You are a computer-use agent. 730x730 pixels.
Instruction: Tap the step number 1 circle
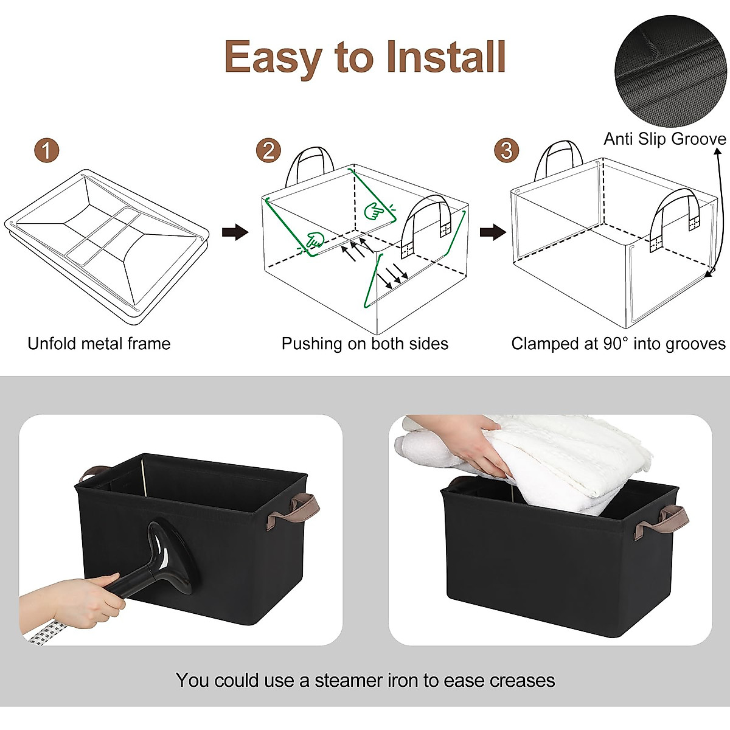pyautogui.click(x=47, y=150)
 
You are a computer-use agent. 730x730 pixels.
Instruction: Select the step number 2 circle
pyautogui.click(x=268, y=150)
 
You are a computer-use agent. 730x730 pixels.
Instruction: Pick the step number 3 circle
pyautogui.click(x=506, y=150)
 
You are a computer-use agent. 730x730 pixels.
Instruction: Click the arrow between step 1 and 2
pyautogui.click(x=235, y=232)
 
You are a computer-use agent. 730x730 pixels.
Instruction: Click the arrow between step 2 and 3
pyautogui.click(x=493, y=232)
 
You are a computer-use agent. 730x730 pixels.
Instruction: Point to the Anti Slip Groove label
pyautogui.click(x=664, y=139)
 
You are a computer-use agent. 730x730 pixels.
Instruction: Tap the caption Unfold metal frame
pyautogui.click(x=99, y=344)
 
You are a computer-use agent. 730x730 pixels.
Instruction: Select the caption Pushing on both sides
pyautogui.click(x=364, y=344)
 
